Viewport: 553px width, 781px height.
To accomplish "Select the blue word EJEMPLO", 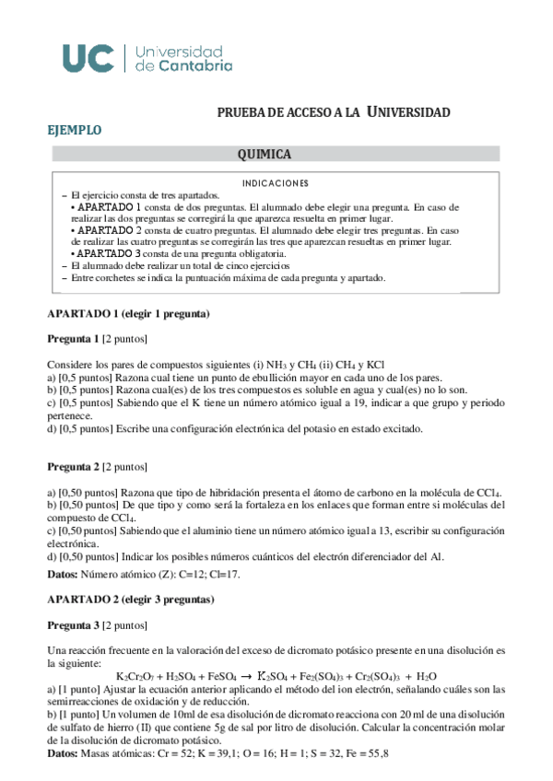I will point(75,131).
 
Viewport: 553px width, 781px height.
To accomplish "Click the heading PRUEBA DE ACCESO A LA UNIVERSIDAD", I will point(334,112).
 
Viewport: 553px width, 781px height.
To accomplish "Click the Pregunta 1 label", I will point(73,338).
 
